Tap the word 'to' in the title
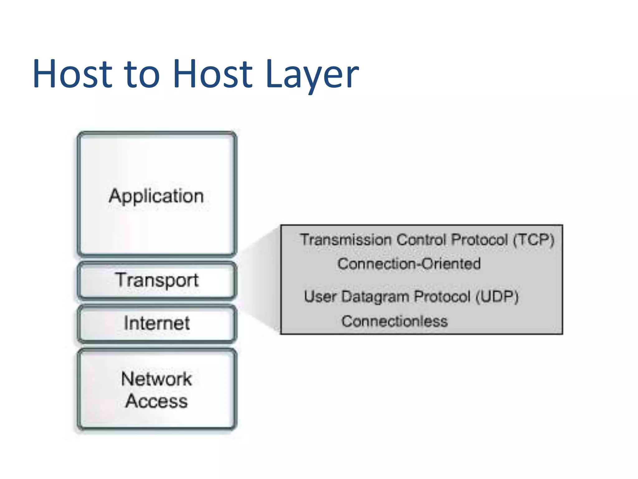(x=142, y=75)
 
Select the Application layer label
(x=156, y=196)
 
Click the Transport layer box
(x=157, y=280)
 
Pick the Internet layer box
(x=157, y=323)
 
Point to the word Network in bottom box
(x=156, y=379)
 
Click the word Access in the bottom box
(x=156, y=401)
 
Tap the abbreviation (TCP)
(x=533, y=240)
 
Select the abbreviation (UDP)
(x=497, y=296)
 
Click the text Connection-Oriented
(x=409, y=264)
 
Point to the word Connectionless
(x=394, y=321)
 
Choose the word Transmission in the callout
(x=346, y=240)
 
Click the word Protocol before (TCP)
(x=479, y=240)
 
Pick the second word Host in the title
(x=212, y=75)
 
